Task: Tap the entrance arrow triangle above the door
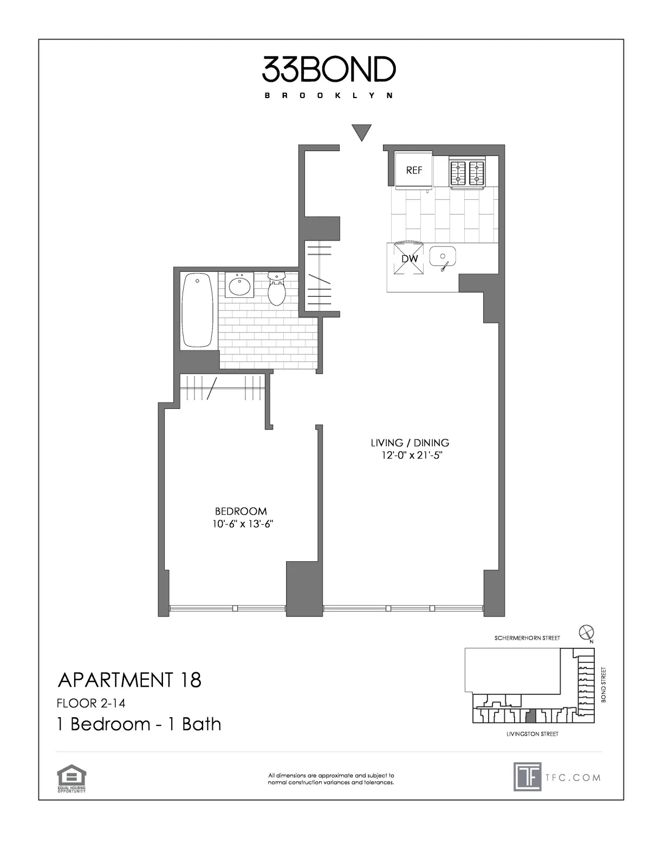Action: click(x=361, y=132)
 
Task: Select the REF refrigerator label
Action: click(x=414, y=170)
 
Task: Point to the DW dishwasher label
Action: click(x=410, y=259)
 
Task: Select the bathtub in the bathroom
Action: click(x=197, y=310)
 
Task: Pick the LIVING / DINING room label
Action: click(x=410, y=443)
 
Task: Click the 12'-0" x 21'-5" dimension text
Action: click(x=410, y=456)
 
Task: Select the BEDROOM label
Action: click(x=241, y=511)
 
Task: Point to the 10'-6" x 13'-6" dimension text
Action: click(x=241, y=524)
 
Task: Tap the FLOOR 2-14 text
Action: click(x=90, y=703)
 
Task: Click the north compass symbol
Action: click(x=586, y=632)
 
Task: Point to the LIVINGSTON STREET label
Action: click(x=532, y=734)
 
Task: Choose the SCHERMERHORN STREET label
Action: click(x=527, y=638)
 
